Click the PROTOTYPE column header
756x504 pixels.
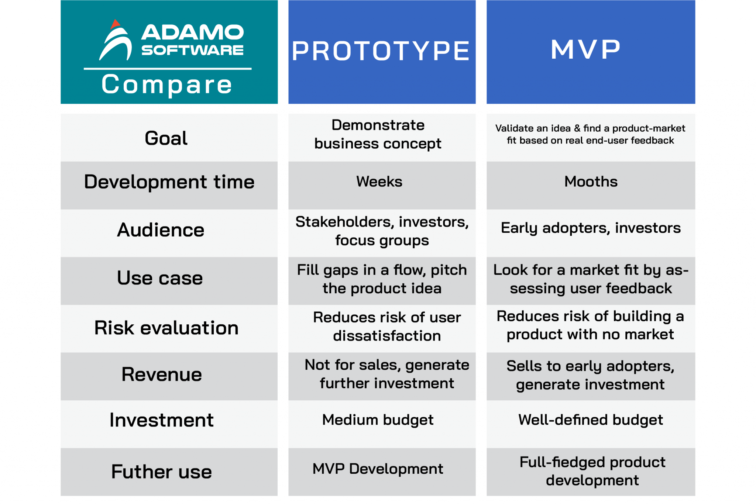click(381, 51)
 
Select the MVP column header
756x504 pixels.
click(585, 49)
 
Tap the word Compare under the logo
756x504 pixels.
click(167, 84)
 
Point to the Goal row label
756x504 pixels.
click(166, 138)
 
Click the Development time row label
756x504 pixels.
click(169, 182)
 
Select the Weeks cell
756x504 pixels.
click(379, 182)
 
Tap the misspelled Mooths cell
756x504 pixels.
click(591, 182)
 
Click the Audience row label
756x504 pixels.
click(161, 230)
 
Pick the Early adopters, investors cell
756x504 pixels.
click(591, 228)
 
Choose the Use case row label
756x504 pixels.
click(160, 278)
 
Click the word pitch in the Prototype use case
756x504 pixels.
click(449, 270)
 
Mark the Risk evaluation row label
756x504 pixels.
click(166, 328)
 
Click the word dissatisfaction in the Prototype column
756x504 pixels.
click(387, 336)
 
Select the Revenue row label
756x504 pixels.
click(162, 375)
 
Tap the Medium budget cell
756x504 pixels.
click(378, 420)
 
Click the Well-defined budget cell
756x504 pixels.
click(591, 420)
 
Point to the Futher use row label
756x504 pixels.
click(162, 472)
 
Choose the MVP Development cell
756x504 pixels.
click(378, 469)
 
